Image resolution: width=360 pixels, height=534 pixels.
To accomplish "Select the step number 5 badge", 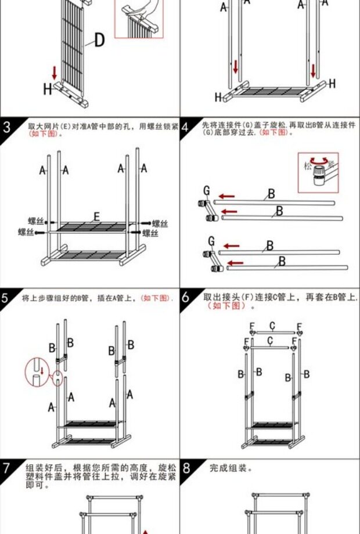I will (7, 298).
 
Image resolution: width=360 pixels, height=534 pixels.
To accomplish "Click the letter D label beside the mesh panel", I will (99, 41).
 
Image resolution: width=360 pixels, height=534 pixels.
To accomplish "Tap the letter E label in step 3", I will (96, 217).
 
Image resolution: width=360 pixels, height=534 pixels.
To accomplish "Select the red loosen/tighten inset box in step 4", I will (318, 172).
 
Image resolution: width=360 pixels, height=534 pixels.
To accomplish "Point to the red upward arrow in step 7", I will (146, 529).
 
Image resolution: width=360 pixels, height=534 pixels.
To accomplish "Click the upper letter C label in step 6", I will (272, 325).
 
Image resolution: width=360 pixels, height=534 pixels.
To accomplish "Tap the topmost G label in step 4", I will (206, 190).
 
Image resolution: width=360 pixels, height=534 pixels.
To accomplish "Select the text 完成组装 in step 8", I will (231, 468).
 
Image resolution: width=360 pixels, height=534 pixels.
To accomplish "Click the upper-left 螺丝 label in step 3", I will (36, 221).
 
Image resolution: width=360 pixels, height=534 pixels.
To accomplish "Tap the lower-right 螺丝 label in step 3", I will (150, 233).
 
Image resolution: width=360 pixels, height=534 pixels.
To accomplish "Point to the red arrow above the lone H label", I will (55, 73).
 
